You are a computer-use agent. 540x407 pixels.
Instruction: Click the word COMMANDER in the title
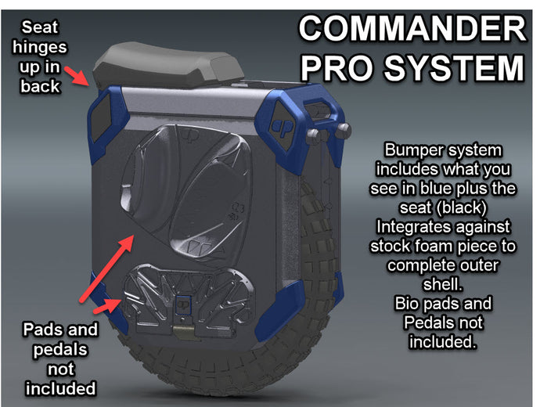pos(412,28)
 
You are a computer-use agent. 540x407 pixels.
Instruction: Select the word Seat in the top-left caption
pos(40,27)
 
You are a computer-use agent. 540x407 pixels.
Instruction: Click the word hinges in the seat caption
pos(40,46)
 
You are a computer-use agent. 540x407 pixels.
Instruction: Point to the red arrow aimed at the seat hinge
pos(77,75)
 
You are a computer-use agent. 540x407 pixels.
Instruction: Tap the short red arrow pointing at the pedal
pos(107,306)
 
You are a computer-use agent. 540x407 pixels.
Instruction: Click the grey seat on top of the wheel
pos(167,66)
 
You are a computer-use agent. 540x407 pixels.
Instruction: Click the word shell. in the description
pos(443,284)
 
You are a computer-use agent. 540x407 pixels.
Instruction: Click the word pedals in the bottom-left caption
pos(60,350)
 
